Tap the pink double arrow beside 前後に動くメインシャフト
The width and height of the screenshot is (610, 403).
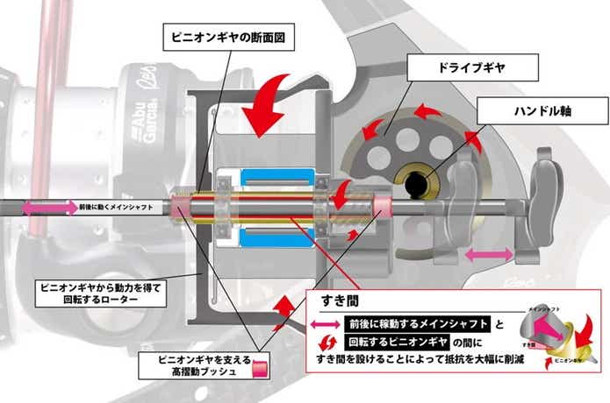click(x=50, y=207)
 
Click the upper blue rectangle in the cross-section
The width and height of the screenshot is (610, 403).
click(x=278, y=178)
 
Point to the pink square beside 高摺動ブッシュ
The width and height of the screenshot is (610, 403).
click(x=259, y=369)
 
